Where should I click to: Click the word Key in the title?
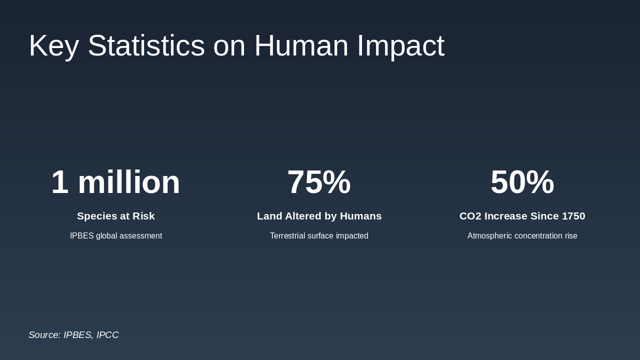53,46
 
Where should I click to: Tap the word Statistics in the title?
146,46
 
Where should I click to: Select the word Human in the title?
301,46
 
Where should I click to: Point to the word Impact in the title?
400,46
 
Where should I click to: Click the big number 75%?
319,182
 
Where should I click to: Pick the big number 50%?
522,182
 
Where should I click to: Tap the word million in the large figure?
128,182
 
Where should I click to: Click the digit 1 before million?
60,182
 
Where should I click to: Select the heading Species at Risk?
116,216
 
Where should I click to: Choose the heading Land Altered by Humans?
319,216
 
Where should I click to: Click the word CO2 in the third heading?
470,216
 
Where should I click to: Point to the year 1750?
573,216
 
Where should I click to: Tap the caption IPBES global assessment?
116,236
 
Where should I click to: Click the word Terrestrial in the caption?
287,236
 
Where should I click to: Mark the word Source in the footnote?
44,335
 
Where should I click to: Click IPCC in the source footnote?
107,335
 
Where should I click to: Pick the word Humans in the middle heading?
360,216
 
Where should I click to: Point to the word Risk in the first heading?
143,216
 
